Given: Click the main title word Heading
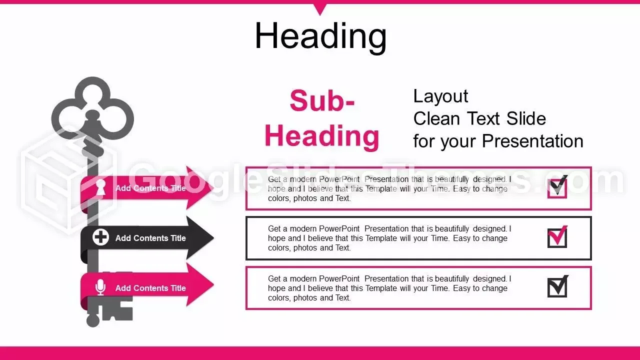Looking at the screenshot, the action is point(320,36).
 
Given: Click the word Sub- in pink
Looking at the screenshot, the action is point(322,100).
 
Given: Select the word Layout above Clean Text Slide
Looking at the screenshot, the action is point(440,96).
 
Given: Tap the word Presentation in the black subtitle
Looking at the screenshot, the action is point(532,141).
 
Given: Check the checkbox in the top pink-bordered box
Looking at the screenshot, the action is point(557,187).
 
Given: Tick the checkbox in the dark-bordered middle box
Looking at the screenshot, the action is point(557,236).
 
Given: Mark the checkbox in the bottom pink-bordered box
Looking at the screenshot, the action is point(557,286).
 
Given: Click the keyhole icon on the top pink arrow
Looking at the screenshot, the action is point(100,187).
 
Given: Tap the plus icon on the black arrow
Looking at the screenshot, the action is point(100,237).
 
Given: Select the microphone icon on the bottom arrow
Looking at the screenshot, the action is point(100,287).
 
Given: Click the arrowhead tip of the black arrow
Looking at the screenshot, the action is point(213,237).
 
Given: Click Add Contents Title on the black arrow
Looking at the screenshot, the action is point(150,238).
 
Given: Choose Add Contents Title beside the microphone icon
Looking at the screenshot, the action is point(150,288).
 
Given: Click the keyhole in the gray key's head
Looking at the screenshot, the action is point(92,117).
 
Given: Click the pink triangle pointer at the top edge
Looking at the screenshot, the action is point(320,8).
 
